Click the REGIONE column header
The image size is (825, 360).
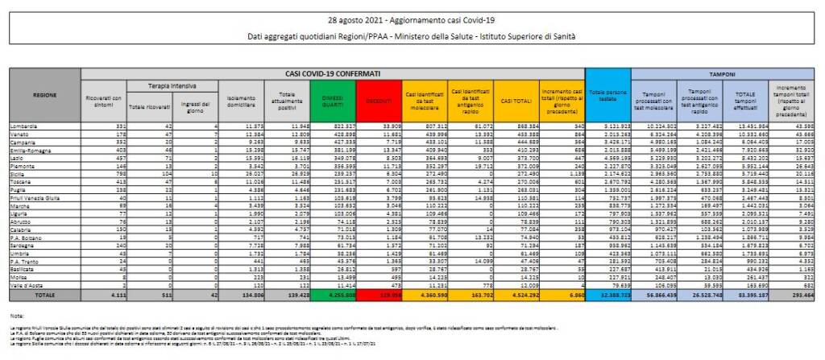tap(44, 95)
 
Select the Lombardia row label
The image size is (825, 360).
tap(23, 126)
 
